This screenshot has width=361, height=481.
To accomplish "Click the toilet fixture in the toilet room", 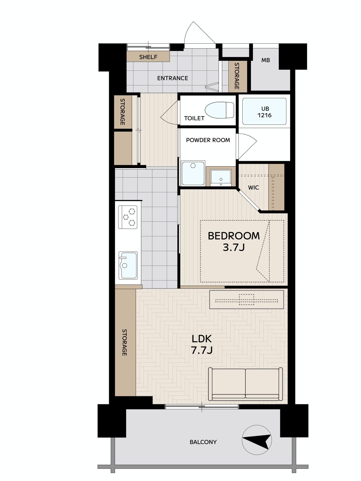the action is [x=219, y=110].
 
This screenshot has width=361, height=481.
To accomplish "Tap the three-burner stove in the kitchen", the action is [x=128, y=217].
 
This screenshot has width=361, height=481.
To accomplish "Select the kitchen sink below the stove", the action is [x=128, y=265].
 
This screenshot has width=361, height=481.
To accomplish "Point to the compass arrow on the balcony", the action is [x=257, y=440].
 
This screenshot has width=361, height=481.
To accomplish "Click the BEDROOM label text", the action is [x=234, y=236].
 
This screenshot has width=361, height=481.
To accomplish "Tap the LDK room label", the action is [x=202, y=339].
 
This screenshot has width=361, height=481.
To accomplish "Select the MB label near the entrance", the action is [x=265, y=60].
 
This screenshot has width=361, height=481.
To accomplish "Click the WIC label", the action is [x=253, y=187].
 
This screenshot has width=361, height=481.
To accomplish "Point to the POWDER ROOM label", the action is [x=208, y=140].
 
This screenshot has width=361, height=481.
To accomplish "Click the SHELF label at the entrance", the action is [x=148, y=57].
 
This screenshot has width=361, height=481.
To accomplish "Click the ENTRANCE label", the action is [x=172, y=78].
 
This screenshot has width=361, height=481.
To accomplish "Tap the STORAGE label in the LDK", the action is [x=125, y=342].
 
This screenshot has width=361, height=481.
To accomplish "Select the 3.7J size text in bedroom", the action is [x=234, y=248].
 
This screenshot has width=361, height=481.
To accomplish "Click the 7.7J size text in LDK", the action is [x=202, y=350].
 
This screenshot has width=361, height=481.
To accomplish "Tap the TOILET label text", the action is [x=194, y=118].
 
